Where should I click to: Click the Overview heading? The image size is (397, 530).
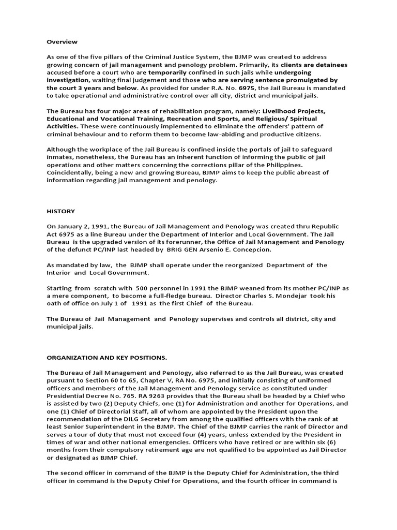click(x=62, y=41)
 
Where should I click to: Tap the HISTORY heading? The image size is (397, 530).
click(x=60, y=211)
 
